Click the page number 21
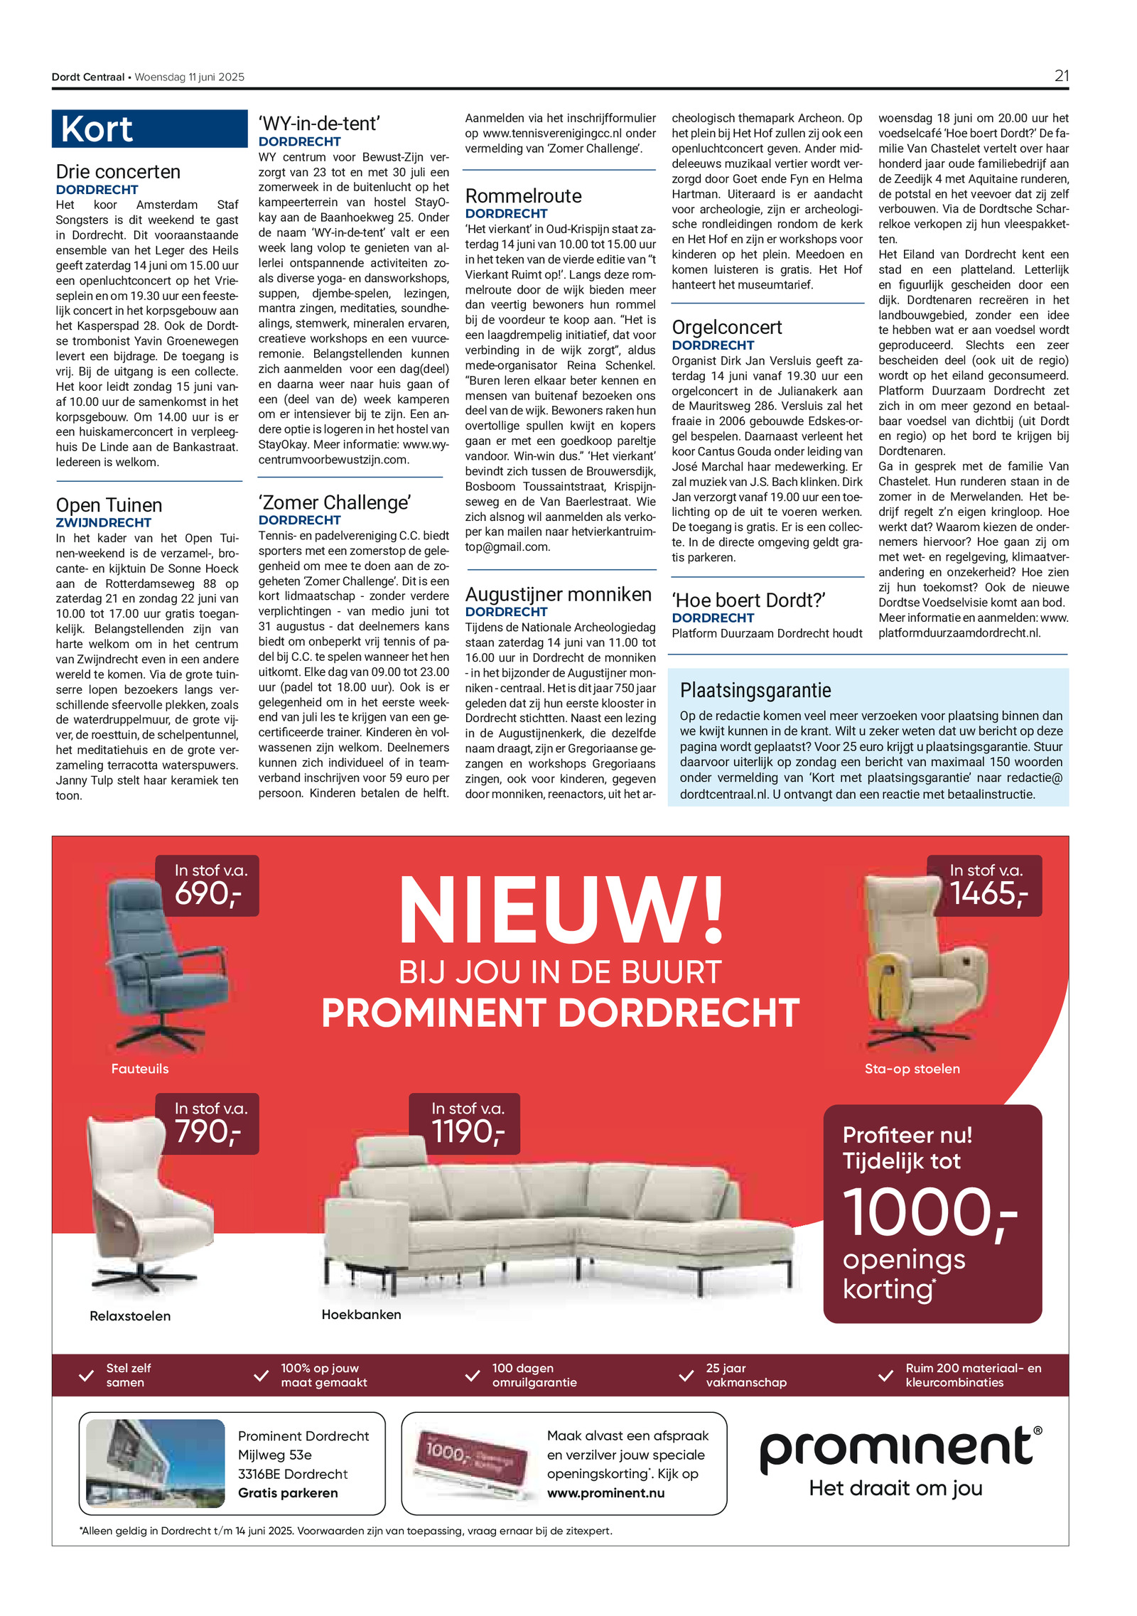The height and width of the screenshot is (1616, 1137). coord(1061,76)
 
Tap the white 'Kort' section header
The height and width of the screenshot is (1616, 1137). coord(97,129)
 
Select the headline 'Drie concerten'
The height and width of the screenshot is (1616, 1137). coord(118,172)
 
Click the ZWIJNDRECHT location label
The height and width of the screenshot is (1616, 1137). coord(103,522)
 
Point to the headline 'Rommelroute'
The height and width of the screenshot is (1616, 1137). coord(523,196)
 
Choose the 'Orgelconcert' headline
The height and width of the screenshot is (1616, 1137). coord(726,328)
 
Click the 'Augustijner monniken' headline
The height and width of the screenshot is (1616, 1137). coord(558,595)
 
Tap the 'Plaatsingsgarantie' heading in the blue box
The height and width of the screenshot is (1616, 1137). coord(755,690)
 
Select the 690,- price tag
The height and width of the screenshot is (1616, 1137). coord(208,893)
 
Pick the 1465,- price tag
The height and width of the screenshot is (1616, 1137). coord(988,893)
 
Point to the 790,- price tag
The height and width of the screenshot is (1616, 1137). coord(208,1131)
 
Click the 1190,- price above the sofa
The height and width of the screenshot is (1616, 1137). coord(467,1131)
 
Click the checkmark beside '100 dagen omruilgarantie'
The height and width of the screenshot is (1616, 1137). coord(472,1376)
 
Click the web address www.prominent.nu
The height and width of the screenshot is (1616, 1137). coord(605,1493)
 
